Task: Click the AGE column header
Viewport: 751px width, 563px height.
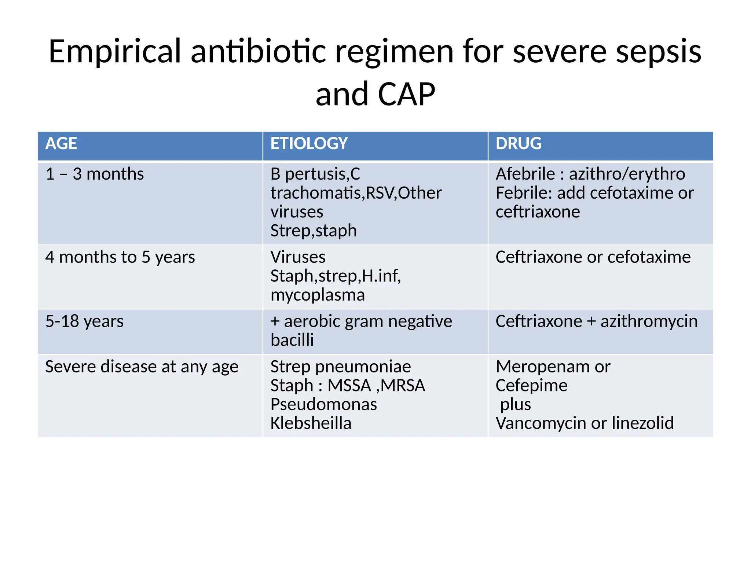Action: [x=61, y=144]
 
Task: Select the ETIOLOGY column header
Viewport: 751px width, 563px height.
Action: [x=309, y=144]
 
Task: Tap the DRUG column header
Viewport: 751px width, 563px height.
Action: [x=518, y=144]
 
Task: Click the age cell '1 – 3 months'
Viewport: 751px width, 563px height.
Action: [x=95, y=174]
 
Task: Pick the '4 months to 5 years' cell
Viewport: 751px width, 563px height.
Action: [x=120, y=257]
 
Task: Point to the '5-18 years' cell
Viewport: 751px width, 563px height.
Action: [x=84, y=321]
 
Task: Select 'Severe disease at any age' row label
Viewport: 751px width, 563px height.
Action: [x=142, y=367]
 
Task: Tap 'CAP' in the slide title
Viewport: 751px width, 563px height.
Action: [x=406, y=95]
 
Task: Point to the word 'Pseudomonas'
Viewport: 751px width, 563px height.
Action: [x=323, y=405]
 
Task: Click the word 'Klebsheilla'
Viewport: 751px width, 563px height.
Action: [x=311, y=423]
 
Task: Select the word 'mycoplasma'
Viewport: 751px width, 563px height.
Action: [x=318, y=295]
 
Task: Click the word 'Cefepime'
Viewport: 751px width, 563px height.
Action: [x=531, y=386]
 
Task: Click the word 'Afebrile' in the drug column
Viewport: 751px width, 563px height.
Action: [x=525, y=174]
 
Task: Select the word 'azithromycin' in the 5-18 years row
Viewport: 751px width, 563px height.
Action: [x=649, y=321]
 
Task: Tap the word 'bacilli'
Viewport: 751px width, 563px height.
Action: [x=292, y=340]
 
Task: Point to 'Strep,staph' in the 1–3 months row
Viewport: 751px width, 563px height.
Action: [x=314, y=231]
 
